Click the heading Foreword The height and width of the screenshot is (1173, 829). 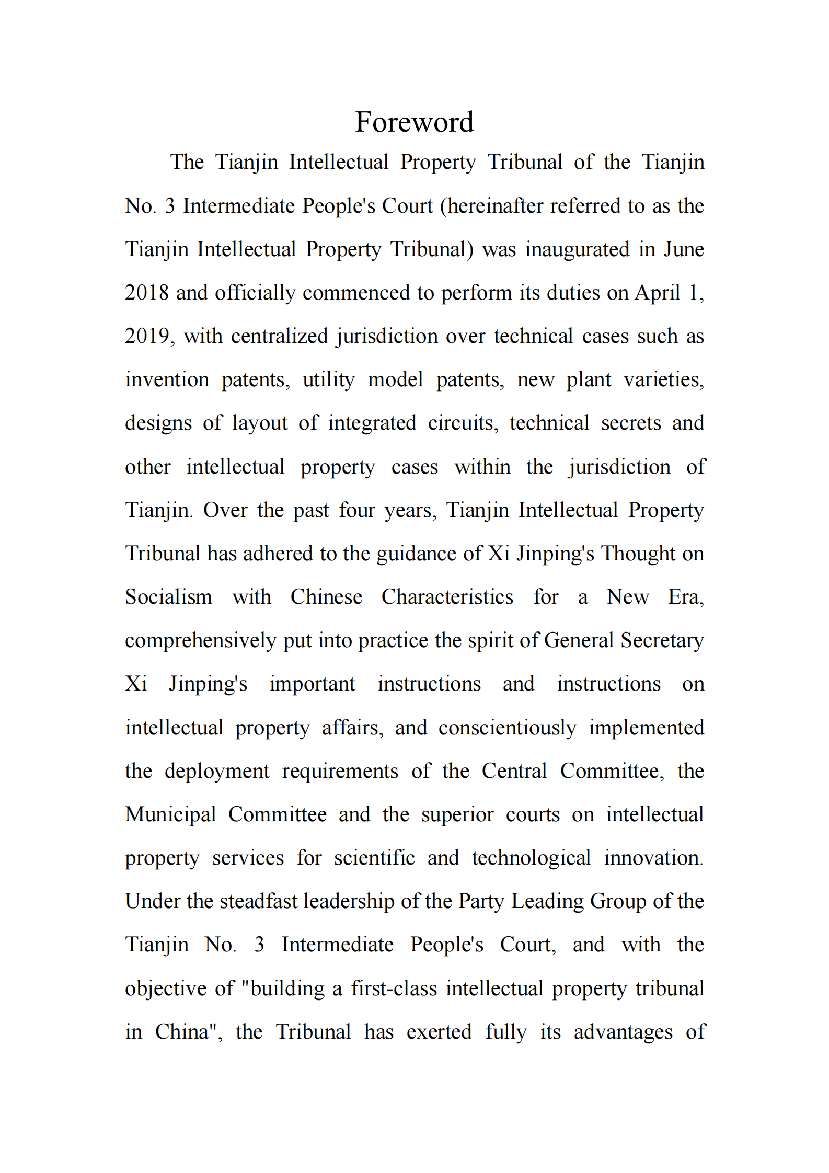pos(414,122)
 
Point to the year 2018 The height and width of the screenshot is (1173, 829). pos(147,293)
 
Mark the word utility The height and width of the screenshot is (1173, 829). pos(329,379)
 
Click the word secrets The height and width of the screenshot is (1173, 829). pos(630,423)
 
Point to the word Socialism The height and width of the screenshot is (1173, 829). pos(168,597)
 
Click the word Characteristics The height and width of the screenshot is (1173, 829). pos(447,597)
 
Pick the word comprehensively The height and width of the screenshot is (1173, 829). pos(200,641)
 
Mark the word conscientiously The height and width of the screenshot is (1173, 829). pos(507,728)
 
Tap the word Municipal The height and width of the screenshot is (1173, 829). pos(170,814)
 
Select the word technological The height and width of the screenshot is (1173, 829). pos(531,858)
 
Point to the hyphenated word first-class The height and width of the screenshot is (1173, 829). pos(394,988)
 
